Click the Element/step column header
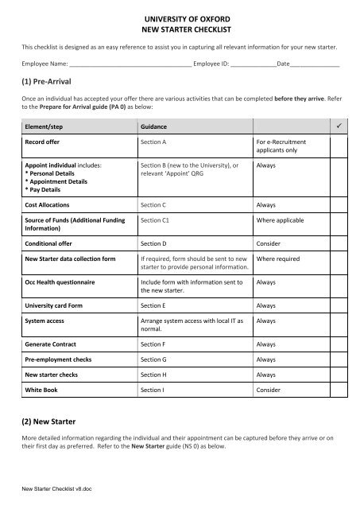48,127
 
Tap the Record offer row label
48,143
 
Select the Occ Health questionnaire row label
64,282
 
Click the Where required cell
278,259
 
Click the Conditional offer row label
56,242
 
